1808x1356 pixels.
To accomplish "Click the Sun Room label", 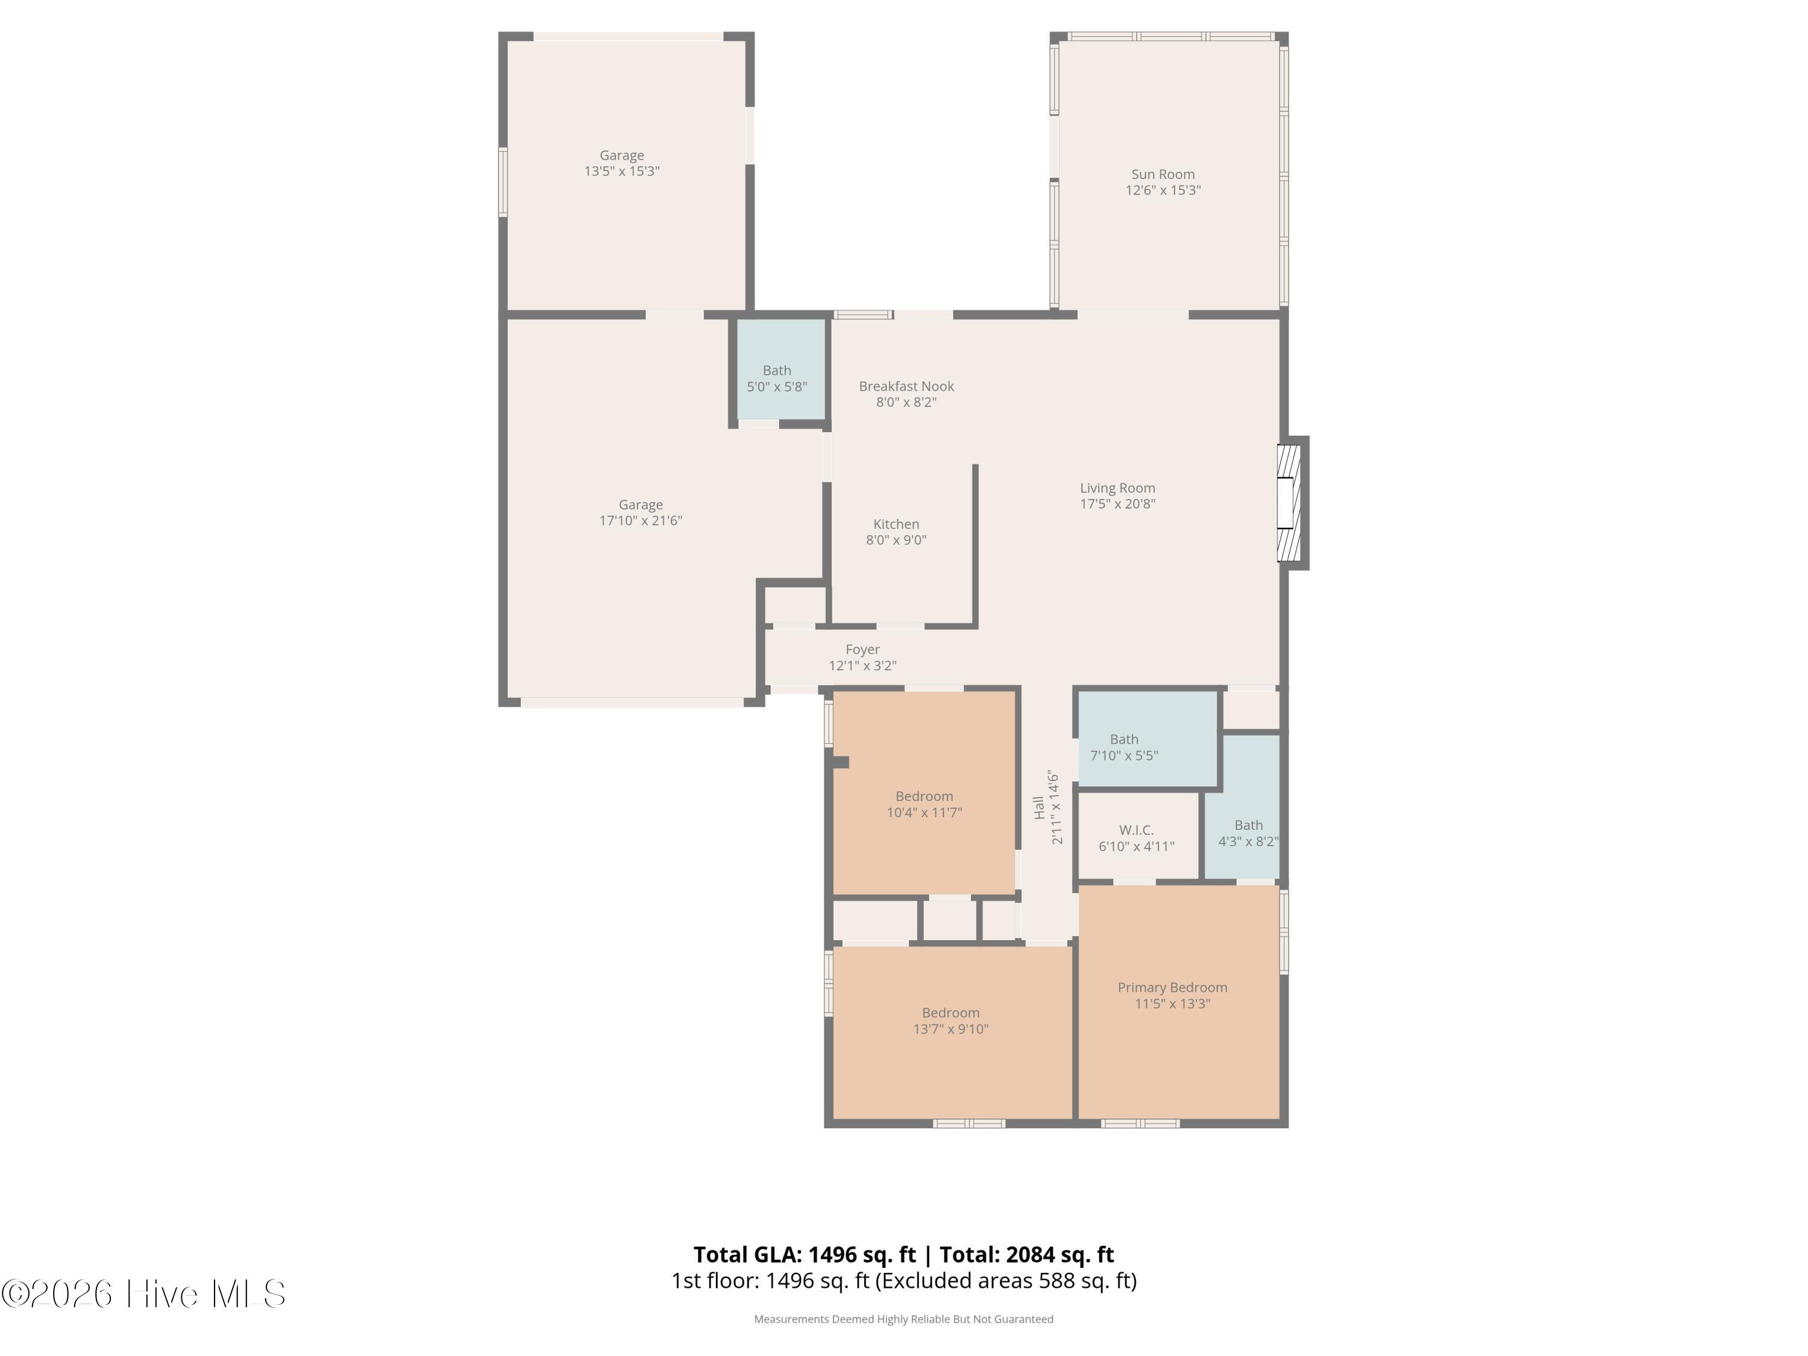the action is [x=1163, y=174].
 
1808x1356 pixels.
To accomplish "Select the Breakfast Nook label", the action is [x=906, y=386].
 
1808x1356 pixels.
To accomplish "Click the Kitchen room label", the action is [x=896, y=524].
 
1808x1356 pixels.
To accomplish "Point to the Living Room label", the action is [x=1117, y=488].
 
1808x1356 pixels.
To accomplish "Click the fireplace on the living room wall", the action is [x=1292, y=503].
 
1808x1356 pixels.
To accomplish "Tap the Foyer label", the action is [x=862, y=650].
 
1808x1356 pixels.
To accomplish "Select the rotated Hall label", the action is [x=1038, y=808].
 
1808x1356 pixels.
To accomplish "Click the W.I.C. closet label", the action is [x=1136, y=830].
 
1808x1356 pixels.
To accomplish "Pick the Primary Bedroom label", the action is [x=1172, y=987].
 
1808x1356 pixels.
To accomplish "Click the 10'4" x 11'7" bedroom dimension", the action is [x=924, y=812].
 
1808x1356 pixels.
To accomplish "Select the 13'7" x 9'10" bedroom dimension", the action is [x=950, y=1029].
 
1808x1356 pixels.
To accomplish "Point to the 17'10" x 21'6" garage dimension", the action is [x=641, y=521].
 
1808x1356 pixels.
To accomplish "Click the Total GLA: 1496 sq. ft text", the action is [x=805, y=1255].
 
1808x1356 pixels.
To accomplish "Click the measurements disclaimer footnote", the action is [x=903, y=1319].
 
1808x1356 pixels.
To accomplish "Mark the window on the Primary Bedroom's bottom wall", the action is [x=1140, y=1124].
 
